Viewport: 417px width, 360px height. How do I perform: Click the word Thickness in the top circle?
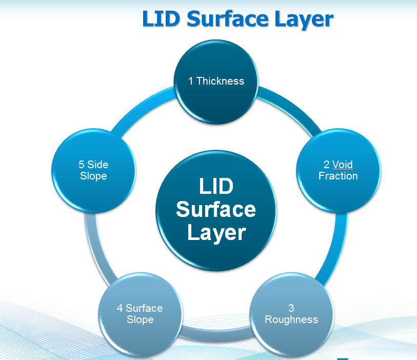(220, 81)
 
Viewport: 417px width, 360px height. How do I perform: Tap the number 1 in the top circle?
(190, 81)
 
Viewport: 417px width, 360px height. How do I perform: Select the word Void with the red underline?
(342, 165)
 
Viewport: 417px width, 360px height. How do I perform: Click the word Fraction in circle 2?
(337, 176)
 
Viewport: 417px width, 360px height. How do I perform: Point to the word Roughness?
(291, 319)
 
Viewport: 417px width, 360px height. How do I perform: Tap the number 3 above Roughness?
(291, 308)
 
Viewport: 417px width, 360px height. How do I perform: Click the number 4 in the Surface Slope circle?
(120, 308)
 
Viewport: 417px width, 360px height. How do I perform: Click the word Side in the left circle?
(97, 165)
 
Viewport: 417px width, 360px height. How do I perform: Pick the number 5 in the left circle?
(81, 165)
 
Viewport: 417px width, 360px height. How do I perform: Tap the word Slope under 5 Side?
(93, 176)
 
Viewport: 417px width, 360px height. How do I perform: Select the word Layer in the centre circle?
(216, 233)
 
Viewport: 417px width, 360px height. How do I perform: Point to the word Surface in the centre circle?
(215, 209)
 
